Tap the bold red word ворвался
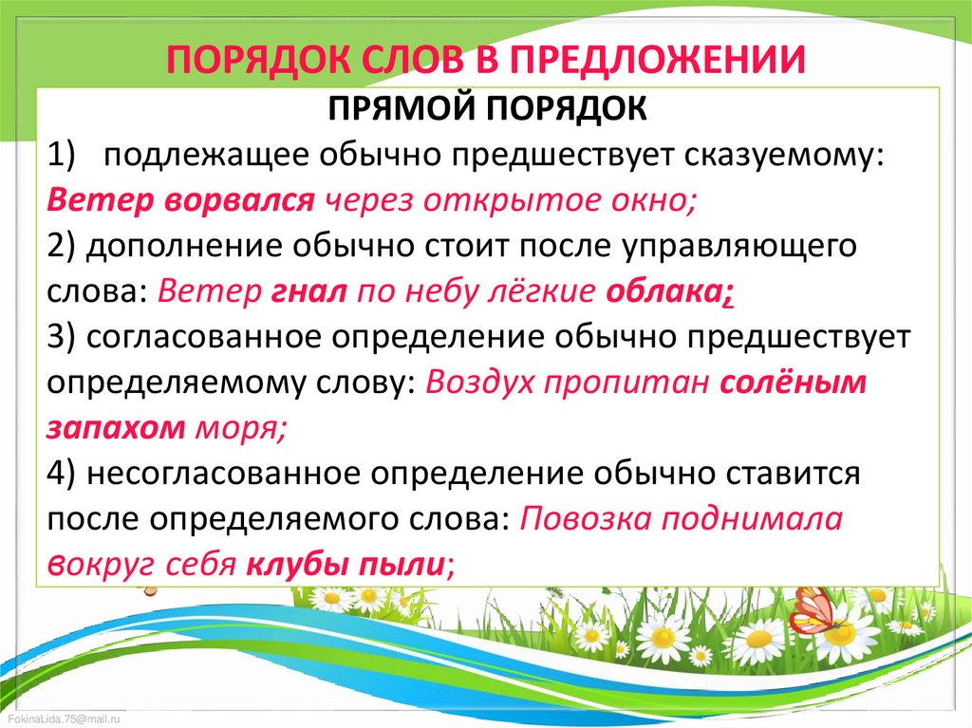(240, 200)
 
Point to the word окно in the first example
(655, 200)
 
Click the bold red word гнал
(308, 290)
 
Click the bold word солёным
(793, 382)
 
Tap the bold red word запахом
(116, 429)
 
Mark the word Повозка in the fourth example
(585, 518)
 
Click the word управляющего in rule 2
(738, 247)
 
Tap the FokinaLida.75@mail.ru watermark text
(64, 719)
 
